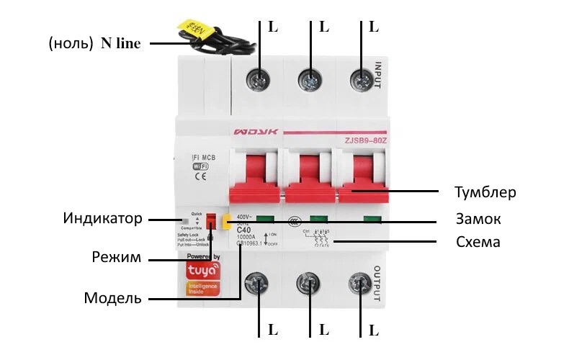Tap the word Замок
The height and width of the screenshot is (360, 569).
pos(478,219)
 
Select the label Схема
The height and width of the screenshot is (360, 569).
pos(478,242)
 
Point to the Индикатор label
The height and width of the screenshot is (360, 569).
pos(102,218)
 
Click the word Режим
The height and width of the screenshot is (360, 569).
pos(117,257)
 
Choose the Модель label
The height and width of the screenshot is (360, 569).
pos(113,297)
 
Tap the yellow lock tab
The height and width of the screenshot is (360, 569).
pos(225,222)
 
